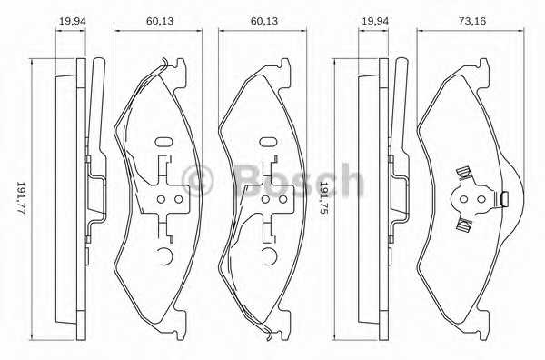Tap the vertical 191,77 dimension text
click(x=21, y=198)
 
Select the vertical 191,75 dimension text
click(x=323, y=198)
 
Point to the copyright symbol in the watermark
click(x=197, y=181)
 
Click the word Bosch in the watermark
click(x=298, y=181)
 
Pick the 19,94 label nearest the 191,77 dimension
click(x=72, y=21)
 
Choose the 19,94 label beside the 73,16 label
click(x=375, y=21)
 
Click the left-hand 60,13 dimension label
click(x=160, y=21)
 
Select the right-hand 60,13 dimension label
click(x=264, y=21)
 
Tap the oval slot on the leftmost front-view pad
click(x=163, y=142)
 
